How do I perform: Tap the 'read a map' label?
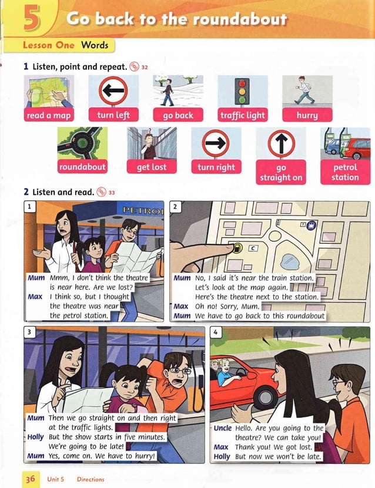(49, 115)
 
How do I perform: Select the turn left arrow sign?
(113, 90)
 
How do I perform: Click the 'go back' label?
(178, 115)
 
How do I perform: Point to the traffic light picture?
(242, 90)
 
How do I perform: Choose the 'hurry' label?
(307, 115)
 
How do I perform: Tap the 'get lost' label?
(152, 167)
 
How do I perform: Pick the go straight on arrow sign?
(280, 144)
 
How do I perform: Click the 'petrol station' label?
(345, 172)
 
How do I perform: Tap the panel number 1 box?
(29, 206)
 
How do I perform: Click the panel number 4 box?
(216, 332)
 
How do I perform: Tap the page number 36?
(30, 479)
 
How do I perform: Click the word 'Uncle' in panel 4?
(222, 428)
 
